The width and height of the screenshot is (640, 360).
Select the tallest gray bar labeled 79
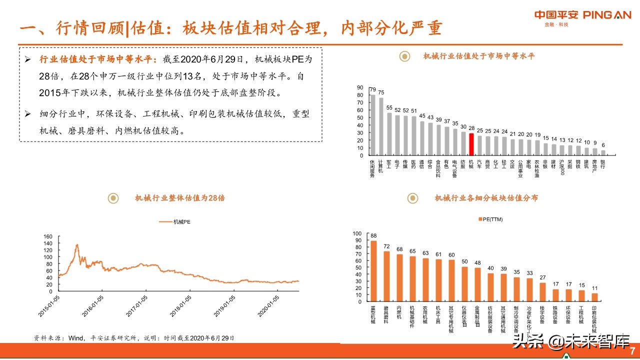(x=372, y=125)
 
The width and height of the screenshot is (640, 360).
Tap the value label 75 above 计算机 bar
(x=381, y=92)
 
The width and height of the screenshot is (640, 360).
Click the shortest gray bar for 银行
(x=603, y=152)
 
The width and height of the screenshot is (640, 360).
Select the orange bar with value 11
(x=594, y=297)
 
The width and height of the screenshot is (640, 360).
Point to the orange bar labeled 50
(x=464, y=284)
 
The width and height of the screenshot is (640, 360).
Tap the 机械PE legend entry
(x=174, y=221)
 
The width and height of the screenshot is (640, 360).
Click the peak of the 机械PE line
(x=76, y=245)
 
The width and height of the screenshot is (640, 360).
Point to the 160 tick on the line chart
(x=48, y=236)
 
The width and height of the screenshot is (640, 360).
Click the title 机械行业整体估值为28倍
(x=180, y=198)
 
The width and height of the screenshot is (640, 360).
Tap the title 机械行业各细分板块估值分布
(x=486, y=198)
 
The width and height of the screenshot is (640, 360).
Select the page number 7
(x=632, y=350)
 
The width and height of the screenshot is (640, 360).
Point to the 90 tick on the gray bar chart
(x=359, y=87)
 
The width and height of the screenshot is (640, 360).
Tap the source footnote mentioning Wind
(x=133, y=338)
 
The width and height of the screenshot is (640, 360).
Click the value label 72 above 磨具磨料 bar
(x=386, y=246)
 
